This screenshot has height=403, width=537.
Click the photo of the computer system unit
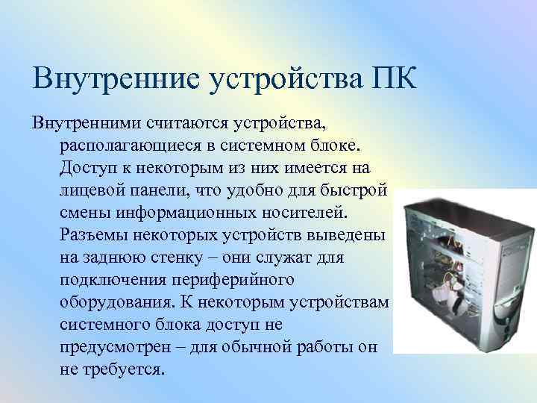coord(464,269)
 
